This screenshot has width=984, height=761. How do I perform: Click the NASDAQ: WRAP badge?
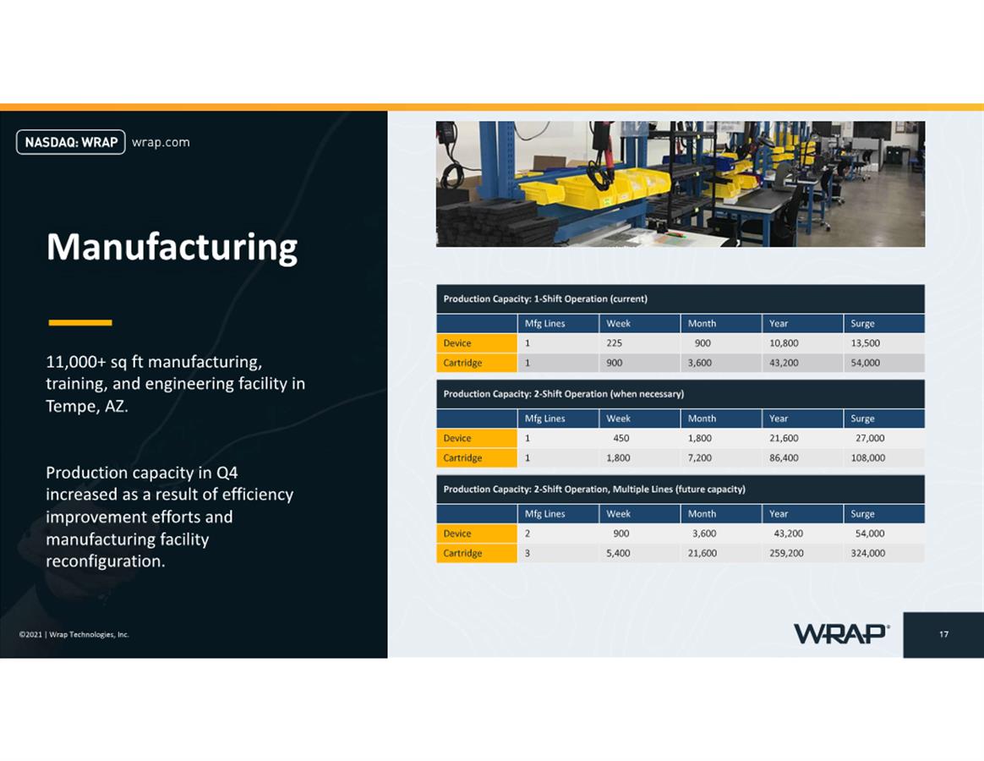(x=71, y=142)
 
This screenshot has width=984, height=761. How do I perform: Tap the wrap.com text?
(x=161, y=143)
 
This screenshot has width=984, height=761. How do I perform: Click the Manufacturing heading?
(x=172, y=248)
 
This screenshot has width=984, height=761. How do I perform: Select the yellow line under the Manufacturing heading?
(x=80, y=323)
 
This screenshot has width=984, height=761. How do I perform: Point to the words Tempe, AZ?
(x=86, y=406)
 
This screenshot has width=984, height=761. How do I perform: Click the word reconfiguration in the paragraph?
(x=106, y=561)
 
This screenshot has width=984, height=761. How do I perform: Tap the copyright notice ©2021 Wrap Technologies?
(x=74, y=634)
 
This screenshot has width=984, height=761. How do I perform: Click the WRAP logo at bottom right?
(x=841, y=633)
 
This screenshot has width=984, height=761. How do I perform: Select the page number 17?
(x=943, y=634)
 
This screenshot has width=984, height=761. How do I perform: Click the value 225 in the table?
(x=615, y=342)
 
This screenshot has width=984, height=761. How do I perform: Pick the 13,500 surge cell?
(x=866, y=342)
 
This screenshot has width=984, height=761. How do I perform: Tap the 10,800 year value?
(x=784, y=342)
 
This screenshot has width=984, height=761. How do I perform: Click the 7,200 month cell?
(x=700, y=457)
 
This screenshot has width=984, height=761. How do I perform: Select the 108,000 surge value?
(x=868, y=457)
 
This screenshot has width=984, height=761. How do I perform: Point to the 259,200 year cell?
(x=786, y=553)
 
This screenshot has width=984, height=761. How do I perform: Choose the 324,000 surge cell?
(x=868, y=553)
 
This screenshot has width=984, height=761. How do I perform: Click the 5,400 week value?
(x=618, y=553)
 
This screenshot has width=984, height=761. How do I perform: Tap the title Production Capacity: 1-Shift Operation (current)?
(x=545, y=298)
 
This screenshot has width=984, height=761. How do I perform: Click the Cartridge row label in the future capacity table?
(x=462, y=553)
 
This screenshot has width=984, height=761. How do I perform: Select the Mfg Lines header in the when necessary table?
(x=544, y=419)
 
